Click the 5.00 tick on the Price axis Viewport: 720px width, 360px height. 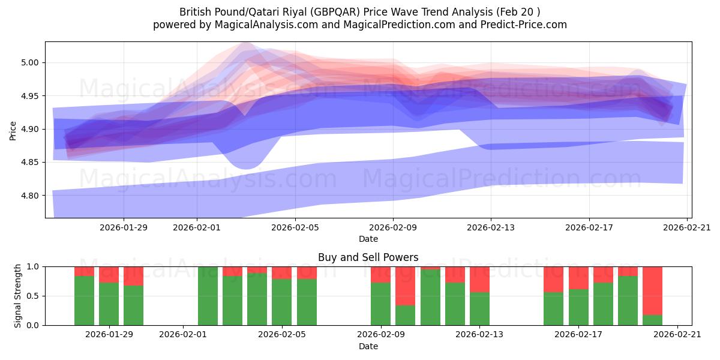click(31, 62)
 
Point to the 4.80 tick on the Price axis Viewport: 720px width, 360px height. click(31, 196)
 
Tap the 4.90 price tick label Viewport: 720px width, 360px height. click(31, 129)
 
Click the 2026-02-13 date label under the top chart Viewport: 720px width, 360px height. click(491, 227)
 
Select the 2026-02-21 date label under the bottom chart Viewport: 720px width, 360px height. click(677, 335)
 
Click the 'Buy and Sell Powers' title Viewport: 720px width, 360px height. click(368, 257)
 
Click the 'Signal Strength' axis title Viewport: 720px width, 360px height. click(18, 296)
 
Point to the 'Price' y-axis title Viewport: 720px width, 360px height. click(13, 130)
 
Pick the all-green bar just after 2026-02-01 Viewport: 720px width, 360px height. click(208, 296)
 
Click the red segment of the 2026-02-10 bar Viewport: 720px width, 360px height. click(406, 286)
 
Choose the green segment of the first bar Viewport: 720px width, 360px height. click(84, 301)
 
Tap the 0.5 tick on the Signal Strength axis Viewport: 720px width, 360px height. click(33, 296)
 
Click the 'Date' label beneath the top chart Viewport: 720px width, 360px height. click(368, 239)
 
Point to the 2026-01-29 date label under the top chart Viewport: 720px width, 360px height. click(124, 227)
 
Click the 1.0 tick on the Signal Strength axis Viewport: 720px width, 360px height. click(33, 266)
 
